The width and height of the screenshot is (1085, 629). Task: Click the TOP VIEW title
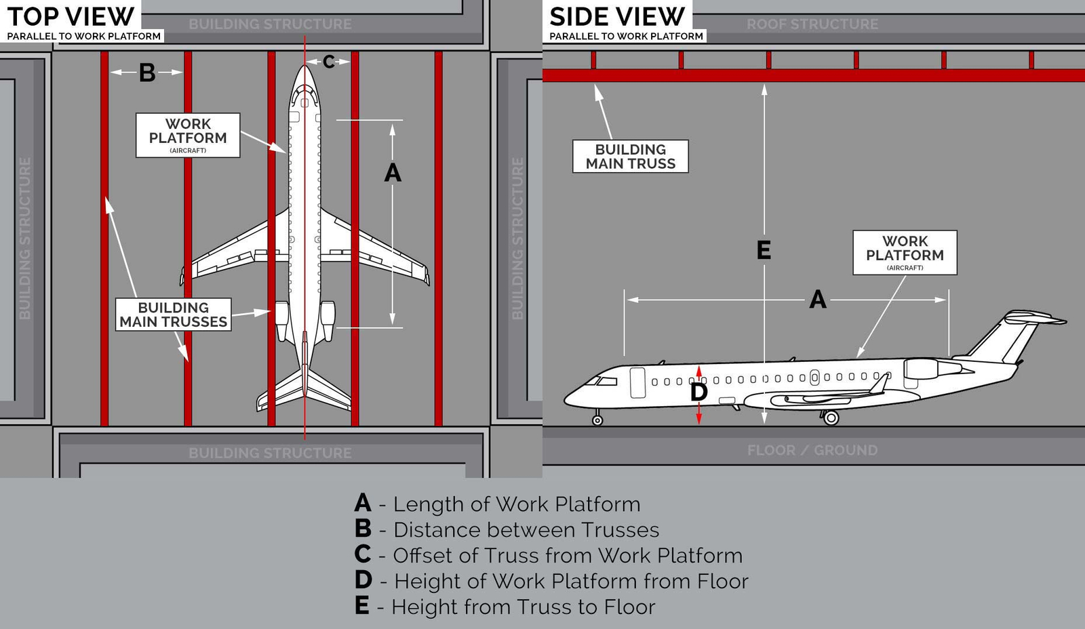[x=71, y=16]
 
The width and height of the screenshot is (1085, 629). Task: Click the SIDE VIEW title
[x=617, y=16]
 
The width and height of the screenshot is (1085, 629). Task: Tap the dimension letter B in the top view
[x=147, y=73]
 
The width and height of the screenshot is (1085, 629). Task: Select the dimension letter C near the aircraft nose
[x=328, y=62]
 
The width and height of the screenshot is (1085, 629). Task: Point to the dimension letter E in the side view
[x=764, y=250]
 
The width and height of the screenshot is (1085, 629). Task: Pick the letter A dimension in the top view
[x=393, y=173]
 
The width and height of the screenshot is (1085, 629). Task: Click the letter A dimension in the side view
[x=818, y=299]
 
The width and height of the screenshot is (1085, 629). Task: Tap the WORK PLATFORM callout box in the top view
[x=188, y=135]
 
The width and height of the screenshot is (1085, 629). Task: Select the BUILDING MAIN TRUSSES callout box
[x=174, y=314]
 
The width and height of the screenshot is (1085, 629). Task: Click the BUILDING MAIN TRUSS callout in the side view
[x=630, y=156]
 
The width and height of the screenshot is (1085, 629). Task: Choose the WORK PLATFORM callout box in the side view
[x=905, y=252]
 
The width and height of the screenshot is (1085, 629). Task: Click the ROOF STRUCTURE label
[x=812, y=24]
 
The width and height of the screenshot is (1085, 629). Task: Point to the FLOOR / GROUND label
[x=812, y=450]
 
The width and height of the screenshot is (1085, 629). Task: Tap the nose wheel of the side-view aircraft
[x=597, y=420]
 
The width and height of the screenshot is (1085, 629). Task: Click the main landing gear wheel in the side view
[x=831, y=418]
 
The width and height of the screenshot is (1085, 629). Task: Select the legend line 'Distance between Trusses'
[x=507, y=529]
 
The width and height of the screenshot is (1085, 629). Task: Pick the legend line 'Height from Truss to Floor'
[x=505, y=606]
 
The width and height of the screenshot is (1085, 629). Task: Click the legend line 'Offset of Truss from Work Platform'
[x=549, y=555]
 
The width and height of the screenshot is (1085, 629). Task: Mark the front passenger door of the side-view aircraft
[x=637, y=382]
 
